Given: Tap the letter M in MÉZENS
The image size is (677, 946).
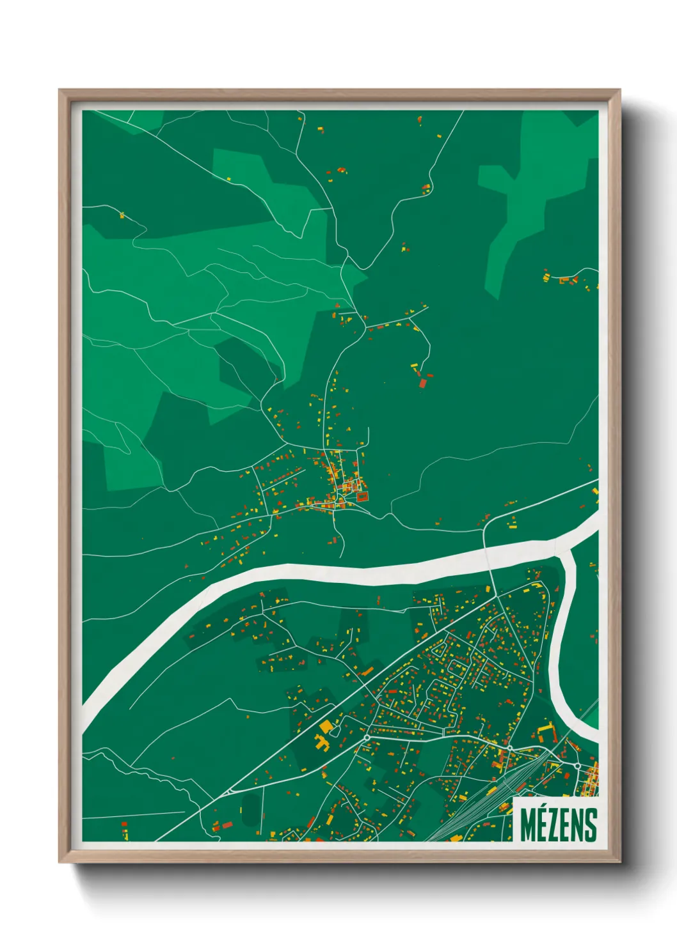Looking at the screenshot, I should click(x=528, y=825).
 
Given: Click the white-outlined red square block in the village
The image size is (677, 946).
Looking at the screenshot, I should click(x=363, y=495).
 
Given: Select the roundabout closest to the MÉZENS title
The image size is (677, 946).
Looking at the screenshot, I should click(x=577, y=765).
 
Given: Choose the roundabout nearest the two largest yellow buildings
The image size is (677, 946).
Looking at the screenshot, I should click(x=367, y=738).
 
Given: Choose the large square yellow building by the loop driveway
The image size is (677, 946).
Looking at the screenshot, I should click(x=326, y=727).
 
